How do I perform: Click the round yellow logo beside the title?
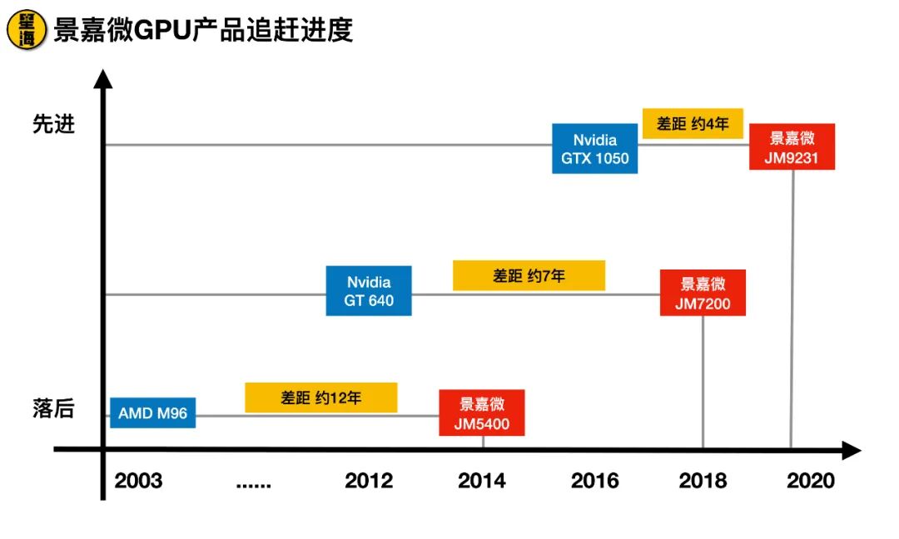[x=27, y=29]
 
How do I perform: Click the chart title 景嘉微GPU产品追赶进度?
[x=203, y=30]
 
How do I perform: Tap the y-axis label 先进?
[x=54, y=124]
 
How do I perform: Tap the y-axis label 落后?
[x=54, y=408]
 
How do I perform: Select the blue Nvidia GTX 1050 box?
[x=594, y=148]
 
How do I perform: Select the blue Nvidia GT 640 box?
[x=368, y=291]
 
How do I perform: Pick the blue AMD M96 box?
[x=152, y=413]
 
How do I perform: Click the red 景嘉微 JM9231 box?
[x=792, y=146]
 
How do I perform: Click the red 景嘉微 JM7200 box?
[x=703, y=293]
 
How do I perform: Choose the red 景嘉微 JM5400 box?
[x=482, y=413]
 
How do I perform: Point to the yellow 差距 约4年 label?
[x=693, y=124]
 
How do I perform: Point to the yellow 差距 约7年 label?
[x=529, y=275]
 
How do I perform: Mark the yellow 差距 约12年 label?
[x=320, y=398]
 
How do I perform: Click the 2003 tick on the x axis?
[x=138, y=481]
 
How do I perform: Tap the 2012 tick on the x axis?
[x=369, y=481]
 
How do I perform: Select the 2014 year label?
[x=481, y=481]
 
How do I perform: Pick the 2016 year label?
[x=595, y=481]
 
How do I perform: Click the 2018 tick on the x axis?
[x=703, y=481]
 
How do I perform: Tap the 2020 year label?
[x=810, y=481]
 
